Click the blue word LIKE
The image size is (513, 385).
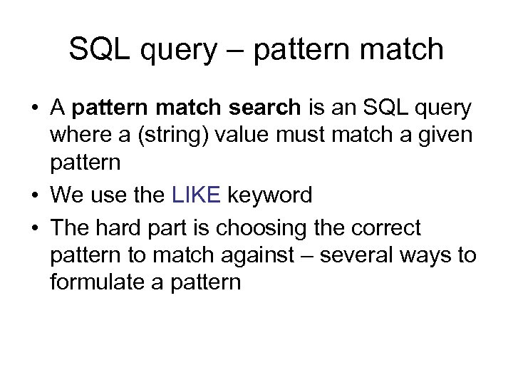pos(197,195)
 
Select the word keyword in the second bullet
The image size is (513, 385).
pos(270,195)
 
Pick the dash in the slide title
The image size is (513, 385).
pos(235,50)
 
